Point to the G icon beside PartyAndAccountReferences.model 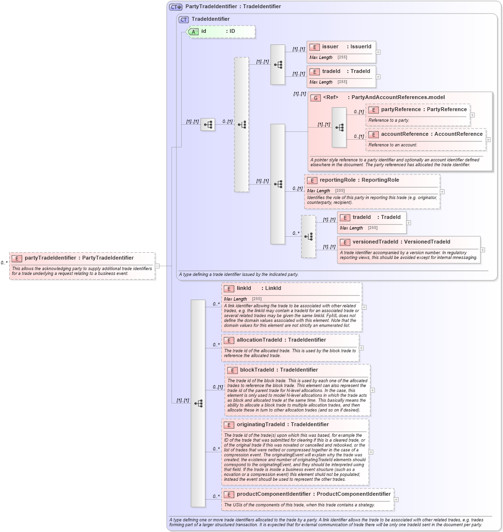(316, 98)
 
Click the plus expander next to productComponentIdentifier (396, 500)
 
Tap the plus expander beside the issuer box (378, 52)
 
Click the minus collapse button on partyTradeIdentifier (158, 266)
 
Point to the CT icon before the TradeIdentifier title (184, 19)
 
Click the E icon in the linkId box (229, 288)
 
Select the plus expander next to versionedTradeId (483, 250)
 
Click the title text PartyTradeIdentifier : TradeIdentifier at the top (233, 7)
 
